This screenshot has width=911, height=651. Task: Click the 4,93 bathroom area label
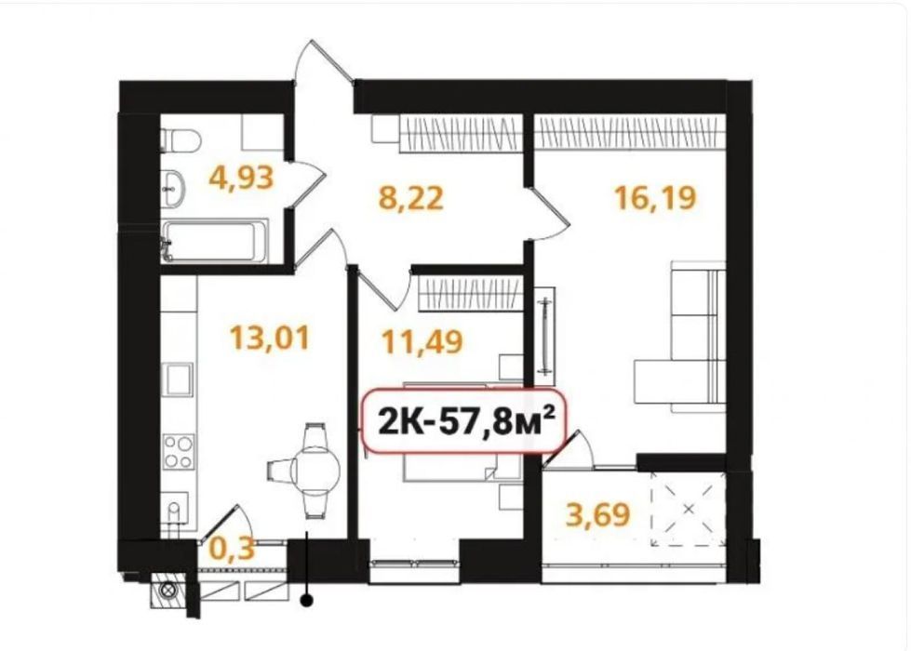click(241, 178)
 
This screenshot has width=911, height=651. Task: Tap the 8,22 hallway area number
click(410, 197)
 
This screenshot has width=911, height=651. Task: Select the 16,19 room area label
click(655, 197)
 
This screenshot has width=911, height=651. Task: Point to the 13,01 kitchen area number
click(269, 338)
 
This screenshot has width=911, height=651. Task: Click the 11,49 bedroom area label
click(422, 341)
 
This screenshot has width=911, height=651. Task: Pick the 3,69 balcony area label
click(597, 514)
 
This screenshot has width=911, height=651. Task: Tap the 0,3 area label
click(231, 548)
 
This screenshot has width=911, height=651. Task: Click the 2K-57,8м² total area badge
click(464, 420)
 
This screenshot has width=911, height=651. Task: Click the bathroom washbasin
click(172, 188)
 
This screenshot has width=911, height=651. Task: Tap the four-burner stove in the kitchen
click(178, 452)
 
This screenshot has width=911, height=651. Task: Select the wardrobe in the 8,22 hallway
click(459, 130)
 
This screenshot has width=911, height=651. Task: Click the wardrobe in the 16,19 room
click(630, 130)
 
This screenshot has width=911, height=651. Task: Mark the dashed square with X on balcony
click(689, 510)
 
